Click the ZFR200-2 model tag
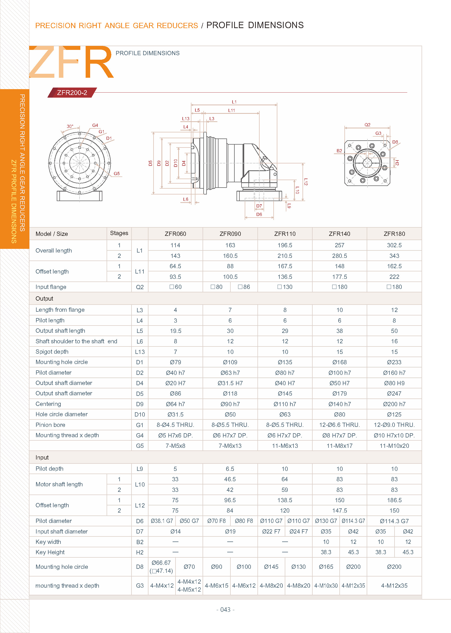click(x=72, y=93)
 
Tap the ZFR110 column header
click(x=285, y=234)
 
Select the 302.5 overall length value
click(x=394, y=245)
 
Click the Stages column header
click(x=119, y=233)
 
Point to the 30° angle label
click(x=70, y=127)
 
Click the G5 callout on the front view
click(x=117, y=174)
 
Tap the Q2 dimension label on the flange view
click(x=367, y=125)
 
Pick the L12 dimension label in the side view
click(x=305, y=182)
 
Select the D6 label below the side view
click(x=259, y=214)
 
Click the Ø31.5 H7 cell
click(x=230, y=383)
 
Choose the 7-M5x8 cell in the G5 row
click(x=175, y=446)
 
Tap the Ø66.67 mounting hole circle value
click(x=161, y=563)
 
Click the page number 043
click(x=225, y=609)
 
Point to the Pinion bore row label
click(x=50, y=424)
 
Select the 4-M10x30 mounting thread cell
click(x=326, y=586)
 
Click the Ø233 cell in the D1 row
click(x=394, y=362)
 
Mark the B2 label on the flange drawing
click(x=339, y=151)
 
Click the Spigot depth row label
click(x=52, y=352)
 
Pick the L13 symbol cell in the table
click(x=140, y=352)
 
